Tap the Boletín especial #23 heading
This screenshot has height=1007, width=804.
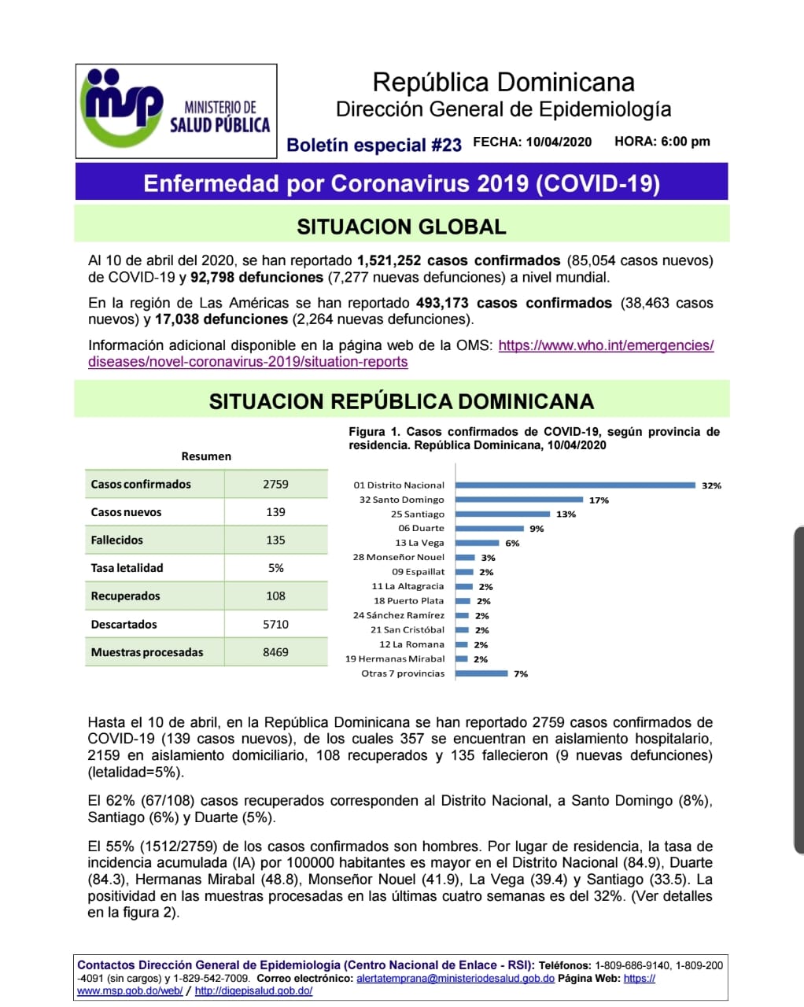click(x=374, y=145)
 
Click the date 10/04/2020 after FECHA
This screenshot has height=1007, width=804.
click(x=559, y=142)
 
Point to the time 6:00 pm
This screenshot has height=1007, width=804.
click(x=685, y=142)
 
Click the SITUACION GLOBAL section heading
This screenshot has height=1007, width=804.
click(x=401, y=227)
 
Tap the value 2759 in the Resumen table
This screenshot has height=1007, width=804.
click(x=275, y=485)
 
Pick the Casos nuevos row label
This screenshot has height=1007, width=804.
click(x=126, y=512)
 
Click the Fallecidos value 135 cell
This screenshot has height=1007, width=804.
click(x=275, y=540)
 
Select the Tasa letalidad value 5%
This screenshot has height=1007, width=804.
click(x=275, y=568)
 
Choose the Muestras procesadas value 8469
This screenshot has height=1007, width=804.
click(x=275, y=652)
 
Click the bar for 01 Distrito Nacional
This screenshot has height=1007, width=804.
click(x=575, y=485)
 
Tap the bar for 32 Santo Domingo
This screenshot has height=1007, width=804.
click(x=519, y=500)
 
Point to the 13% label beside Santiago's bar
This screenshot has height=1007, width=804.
click(x=566, y=515)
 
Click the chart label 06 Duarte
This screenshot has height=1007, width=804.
click(x=421, y=529)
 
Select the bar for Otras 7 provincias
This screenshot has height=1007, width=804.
click(x=481, y=673)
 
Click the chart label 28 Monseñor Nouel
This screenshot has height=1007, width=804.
click(x=398, y=557)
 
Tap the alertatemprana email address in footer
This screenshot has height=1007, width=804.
click(x=455, y=979)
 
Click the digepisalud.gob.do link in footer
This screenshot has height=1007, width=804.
click(x=253, y=991)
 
